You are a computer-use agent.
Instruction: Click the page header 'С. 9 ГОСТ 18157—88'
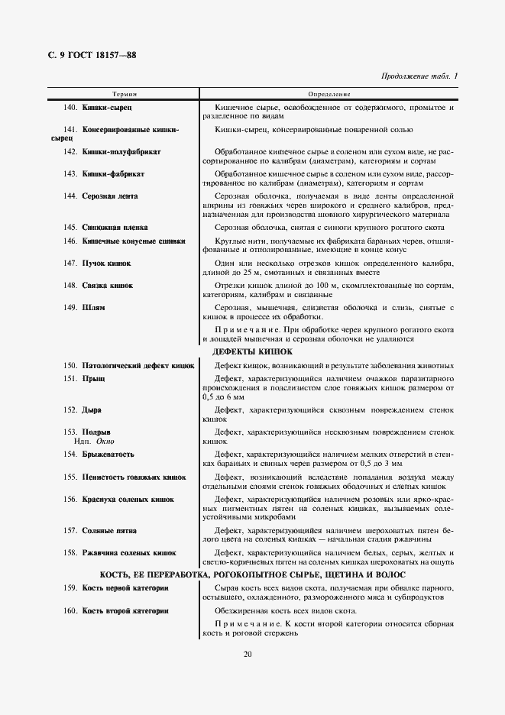tap(92, 55)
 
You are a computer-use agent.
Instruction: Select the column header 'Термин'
tap(125, 93)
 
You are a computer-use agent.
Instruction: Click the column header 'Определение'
tap(329, 93)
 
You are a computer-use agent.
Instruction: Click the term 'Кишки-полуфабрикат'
tap(121, 152)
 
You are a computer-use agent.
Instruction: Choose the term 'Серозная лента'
tap(110, 196)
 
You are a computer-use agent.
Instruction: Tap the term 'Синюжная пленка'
tap(115, 228)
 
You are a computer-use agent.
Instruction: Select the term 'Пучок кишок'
tap(106, 263)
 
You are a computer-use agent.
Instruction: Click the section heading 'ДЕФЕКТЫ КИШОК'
tap(252, 351)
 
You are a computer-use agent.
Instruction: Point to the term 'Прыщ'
tap(93, 379)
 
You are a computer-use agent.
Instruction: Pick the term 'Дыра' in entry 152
tap(92, 410)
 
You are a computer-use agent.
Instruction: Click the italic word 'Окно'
tap(103, 442)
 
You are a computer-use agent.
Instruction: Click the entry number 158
tap(71, 552)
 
